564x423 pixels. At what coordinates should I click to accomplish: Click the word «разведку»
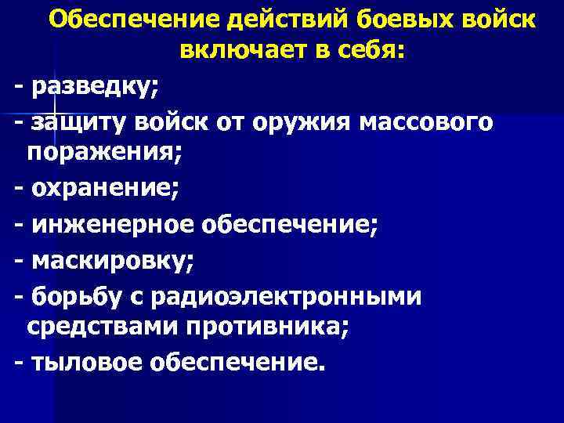click(x=95, y=88)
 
